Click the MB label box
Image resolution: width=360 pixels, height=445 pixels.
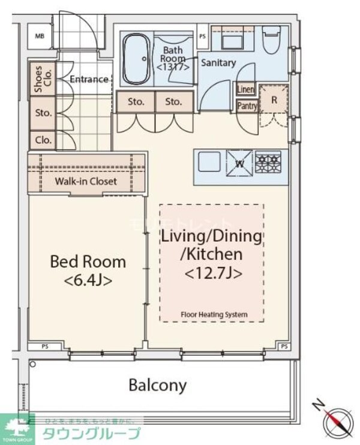click(x=40, y=37)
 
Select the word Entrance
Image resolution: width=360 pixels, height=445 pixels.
click(x=89, y=79)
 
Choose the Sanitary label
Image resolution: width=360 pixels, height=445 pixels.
click(x=218, y=62)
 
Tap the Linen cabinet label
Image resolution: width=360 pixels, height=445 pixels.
click(x=245, y=89)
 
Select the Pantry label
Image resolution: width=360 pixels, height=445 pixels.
click(x=247, y=106)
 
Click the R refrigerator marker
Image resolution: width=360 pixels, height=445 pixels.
click(x=274, y=100)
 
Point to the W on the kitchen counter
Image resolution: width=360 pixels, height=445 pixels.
click(x=238, y=163)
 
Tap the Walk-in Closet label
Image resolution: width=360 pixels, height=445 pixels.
click(x=86, y=181)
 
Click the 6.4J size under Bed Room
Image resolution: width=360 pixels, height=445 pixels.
click(x=88, y=279)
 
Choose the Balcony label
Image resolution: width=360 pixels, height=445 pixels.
click(x=157, y=385)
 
